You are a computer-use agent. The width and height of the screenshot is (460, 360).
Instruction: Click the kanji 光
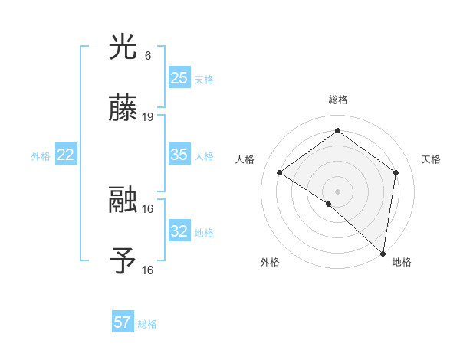click(x=123, y=47)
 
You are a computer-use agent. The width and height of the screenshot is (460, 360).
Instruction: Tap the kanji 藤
click(x=123, y=110)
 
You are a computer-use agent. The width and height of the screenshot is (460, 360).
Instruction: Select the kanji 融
click(x=123, y=201)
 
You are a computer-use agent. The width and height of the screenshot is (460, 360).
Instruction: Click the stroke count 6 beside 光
click(x=147, y=56)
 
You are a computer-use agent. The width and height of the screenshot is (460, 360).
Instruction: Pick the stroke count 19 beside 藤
click(x=149, y=117)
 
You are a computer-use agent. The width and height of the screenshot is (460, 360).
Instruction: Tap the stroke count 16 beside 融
click(x=149, y=208)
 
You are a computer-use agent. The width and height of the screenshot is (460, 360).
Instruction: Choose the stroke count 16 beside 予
click(x=149, y=270)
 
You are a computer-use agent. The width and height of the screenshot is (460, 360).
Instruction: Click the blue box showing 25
click(x=179, y=78)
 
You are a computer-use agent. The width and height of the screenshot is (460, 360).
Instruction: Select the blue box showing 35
click(x=179, y=155)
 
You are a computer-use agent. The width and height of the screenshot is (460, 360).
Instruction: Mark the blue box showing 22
click(x=66, y=155)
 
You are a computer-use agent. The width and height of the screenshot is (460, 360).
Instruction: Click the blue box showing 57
click(x=123, y=322)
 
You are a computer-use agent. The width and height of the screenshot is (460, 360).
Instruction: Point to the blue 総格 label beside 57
click(x=147, y=324)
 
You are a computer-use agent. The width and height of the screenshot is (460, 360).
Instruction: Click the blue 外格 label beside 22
click(x=41, y=156)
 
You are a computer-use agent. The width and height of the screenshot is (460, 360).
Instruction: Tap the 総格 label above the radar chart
click(x=337, y=100)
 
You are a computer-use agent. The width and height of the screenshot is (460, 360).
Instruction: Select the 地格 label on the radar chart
click(x=402, y=262)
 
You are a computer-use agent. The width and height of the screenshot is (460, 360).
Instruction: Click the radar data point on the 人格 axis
click(x=280, y=172)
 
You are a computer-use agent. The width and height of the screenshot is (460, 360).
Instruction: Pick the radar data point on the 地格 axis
click(x=383, y=253)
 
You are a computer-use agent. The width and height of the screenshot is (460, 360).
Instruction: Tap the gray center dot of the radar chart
click(x=337, y=190)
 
